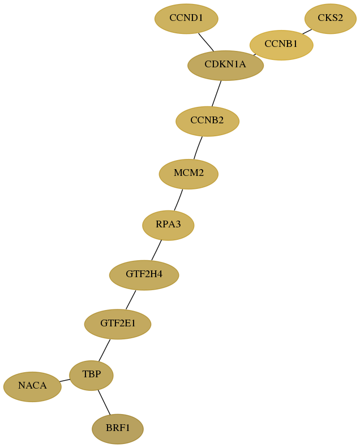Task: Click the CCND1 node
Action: [186, 19]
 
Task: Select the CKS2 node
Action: [330, 19]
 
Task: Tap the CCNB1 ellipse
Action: [281, 45]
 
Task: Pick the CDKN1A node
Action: [225, 66]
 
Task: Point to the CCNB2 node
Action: [207, 121]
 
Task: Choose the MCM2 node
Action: [188, 174]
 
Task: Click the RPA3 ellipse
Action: [168, 226]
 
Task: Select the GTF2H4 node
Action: [144, 275]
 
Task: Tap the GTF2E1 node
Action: [118, 324]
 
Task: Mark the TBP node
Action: [92, 376]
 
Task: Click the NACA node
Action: [32, 387]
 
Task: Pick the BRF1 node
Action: [118, 429]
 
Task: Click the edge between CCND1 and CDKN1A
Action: [206, 42]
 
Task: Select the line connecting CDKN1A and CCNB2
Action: [216, 94]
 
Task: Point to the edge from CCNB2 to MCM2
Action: [198, 148]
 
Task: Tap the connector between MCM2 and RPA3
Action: [178, 200]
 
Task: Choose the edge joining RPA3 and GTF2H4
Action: [156, 250]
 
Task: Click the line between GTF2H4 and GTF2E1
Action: [131, 300]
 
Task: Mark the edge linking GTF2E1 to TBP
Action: [104, 350]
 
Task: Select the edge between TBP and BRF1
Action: [104, 402]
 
